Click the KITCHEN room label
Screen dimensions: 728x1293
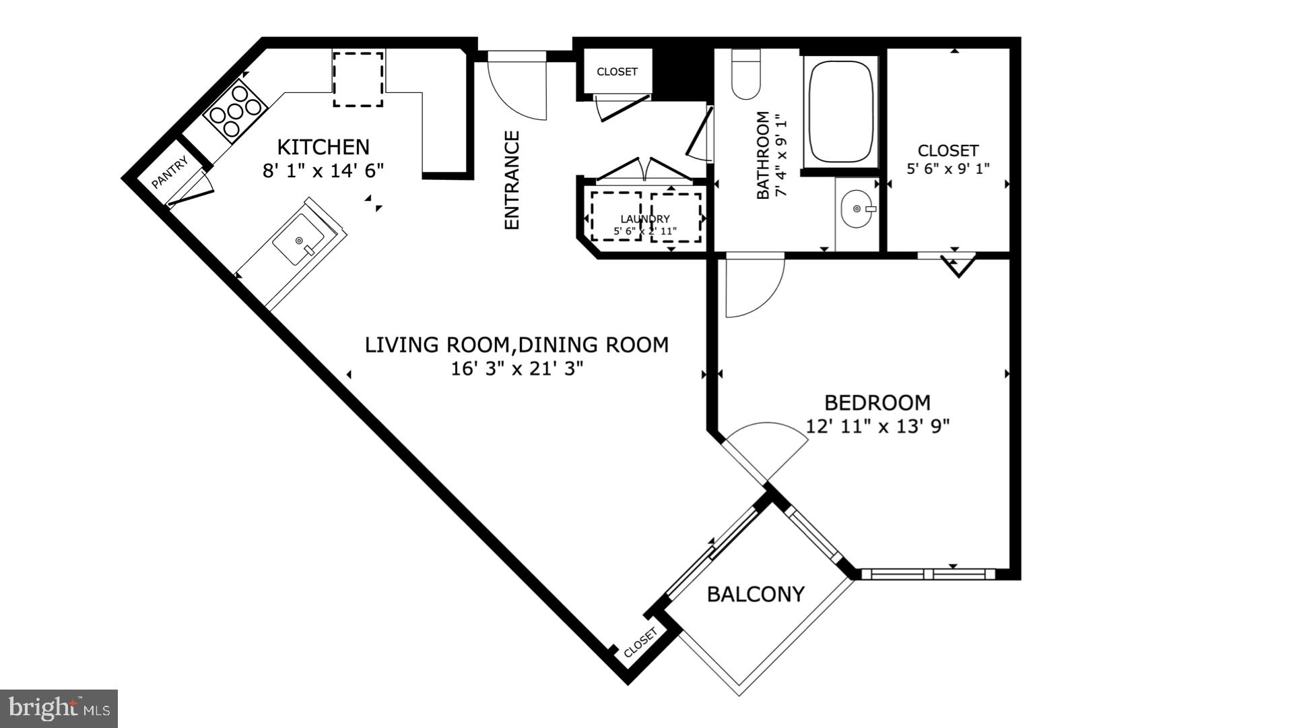pos(323,147)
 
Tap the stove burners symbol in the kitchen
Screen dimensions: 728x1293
pos(234,110)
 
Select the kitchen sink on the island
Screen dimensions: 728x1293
pos(299,241)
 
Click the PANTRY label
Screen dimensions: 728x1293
pos(169,173)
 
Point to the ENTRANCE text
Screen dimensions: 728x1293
pos(512,180)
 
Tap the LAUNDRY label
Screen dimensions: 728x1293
pos(645,219)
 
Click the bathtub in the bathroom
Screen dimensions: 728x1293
pos(841,111)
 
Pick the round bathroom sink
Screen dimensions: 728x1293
pos(857,209)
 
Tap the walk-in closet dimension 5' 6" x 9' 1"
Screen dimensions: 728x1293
pos(948,169)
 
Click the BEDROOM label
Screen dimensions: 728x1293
pos(877,402)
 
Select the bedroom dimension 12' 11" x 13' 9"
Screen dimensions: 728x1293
pos(877,427)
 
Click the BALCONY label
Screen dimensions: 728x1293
pos(756,595)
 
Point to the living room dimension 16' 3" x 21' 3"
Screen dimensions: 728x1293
pos(517,369)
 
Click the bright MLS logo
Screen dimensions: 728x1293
pos(59,708)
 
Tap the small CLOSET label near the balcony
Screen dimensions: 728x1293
pos(640,643)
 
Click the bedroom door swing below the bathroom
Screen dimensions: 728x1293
pos(753,286)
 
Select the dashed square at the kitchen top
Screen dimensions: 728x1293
pos(358,79)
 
